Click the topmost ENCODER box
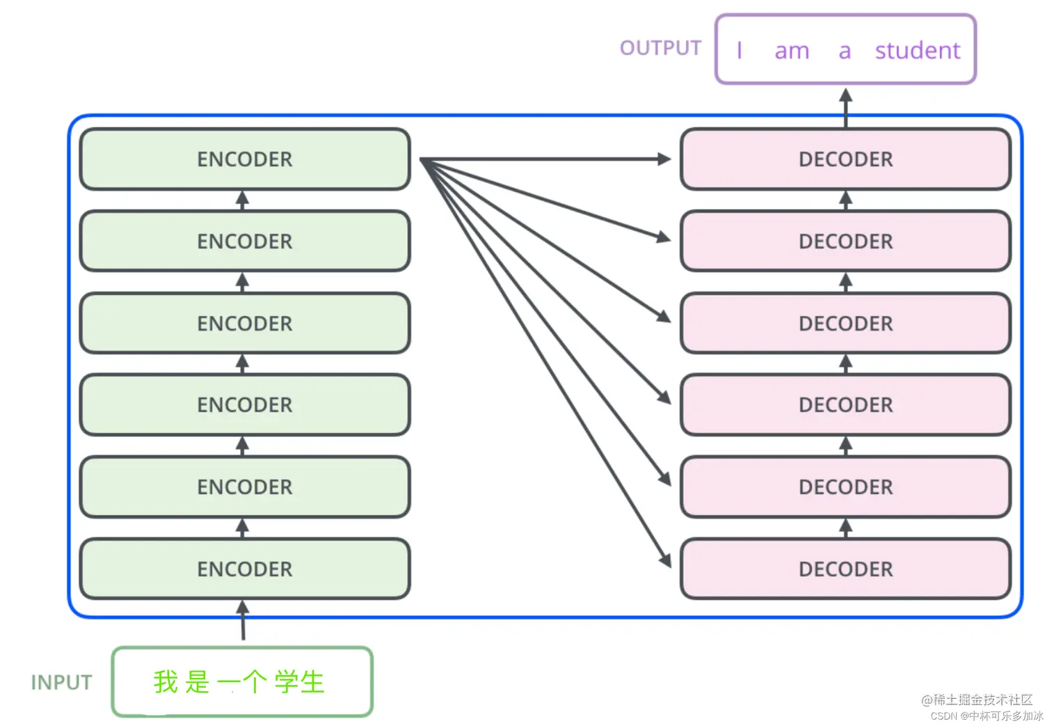pos(245,159)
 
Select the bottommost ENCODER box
pos(245,569)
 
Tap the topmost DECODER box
pos(845,159)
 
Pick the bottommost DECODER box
pos(845,569)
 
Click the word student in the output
pos(917,51)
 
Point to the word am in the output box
pos(792,52)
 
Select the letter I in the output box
pos(739,51)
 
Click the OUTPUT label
pos(660,48)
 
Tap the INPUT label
pos(61,682)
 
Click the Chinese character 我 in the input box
pos(166,682)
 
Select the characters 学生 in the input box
pos(299,682)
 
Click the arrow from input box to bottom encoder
pos(243,621)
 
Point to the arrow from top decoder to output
pos(845,106)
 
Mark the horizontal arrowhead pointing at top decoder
pos(664,159)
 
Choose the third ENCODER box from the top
pos(245,324)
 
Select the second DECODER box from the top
pos(845,242)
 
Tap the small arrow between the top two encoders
pos(242,200)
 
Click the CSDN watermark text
pos(986,716)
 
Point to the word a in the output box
pos(845,52)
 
